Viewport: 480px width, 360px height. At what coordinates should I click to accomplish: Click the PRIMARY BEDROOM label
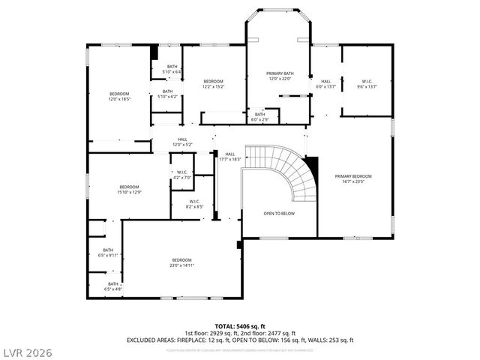point(352,178)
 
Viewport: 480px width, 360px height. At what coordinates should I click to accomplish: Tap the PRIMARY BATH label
point(279,76)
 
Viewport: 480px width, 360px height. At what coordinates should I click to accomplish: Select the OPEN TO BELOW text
point(278,214)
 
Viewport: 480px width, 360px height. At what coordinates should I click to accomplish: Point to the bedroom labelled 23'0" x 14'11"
point(181,262)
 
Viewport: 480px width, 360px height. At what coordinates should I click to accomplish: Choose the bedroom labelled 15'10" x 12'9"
point(129,190)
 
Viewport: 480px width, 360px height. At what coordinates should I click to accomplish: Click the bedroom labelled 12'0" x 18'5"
point(119,97)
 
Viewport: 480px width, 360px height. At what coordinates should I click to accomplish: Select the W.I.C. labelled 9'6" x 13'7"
point(367,84)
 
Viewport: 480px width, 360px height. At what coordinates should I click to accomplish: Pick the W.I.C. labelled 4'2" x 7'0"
point(182,175)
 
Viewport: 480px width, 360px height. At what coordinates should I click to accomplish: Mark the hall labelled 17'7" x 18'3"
point(229,157)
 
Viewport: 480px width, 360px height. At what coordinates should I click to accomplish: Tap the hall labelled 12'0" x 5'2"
point(182,142)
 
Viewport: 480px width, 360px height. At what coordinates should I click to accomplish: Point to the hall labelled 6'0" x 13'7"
point(325,84)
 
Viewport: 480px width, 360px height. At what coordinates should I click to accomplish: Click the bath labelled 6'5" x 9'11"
point(108,253)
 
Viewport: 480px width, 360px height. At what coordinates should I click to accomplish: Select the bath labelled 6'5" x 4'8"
point(112,286)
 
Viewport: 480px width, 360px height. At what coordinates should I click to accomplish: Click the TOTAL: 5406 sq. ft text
point(240,326)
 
